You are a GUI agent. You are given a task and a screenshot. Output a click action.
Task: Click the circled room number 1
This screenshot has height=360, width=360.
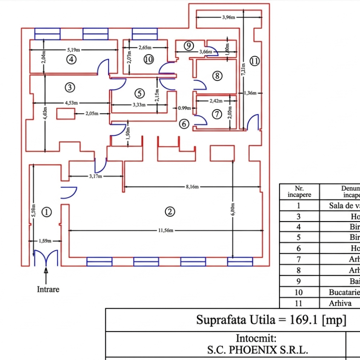click(x=47, y=212)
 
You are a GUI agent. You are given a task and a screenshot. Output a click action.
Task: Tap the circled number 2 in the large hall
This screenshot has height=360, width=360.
click(x=170, y=212)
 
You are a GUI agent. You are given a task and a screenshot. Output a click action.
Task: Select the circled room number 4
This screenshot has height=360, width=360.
click(x=71, y=60)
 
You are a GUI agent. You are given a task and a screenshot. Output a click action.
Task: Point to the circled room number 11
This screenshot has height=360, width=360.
click(x=254, y=61)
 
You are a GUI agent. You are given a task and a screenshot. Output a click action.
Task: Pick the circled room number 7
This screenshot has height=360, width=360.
click(x=217, y=114)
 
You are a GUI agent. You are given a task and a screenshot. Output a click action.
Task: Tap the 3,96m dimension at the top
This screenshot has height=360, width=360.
click(x=229, y=17)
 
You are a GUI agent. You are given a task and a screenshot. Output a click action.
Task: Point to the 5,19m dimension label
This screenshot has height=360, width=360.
click(x=74, y=50)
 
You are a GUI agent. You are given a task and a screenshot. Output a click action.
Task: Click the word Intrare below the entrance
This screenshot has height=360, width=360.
click(x=47, y=290)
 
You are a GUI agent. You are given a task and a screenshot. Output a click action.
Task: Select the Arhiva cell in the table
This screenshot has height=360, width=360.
click(x=340, y=303)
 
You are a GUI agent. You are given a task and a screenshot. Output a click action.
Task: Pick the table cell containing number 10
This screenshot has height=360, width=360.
click(x=299, y=292)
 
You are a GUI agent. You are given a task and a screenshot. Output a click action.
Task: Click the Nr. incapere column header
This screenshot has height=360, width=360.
click(x=299, y=191)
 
